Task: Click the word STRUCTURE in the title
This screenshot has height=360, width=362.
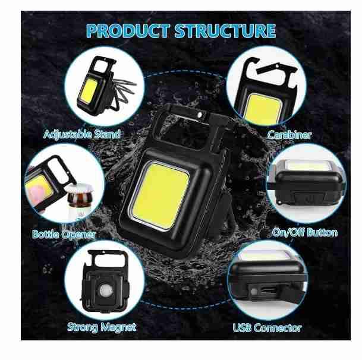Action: pyautogui.click(x=228, y=30)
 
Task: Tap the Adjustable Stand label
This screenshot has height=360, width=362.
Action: pyautogui.click(x=82, y=134)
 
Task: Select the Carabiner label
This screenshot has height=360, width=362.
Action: pyautogui.click(x=289, y=135)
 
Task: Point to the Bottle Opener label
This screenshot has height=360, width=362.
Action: pyautogui.click(x=64, y=234)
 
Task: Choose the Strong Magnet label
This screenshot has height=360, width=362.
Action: pyautogui.click(x=102, y=326)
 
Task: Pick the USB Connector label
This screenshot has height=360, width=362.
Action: pyautogui.click(x=267, y=327)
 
